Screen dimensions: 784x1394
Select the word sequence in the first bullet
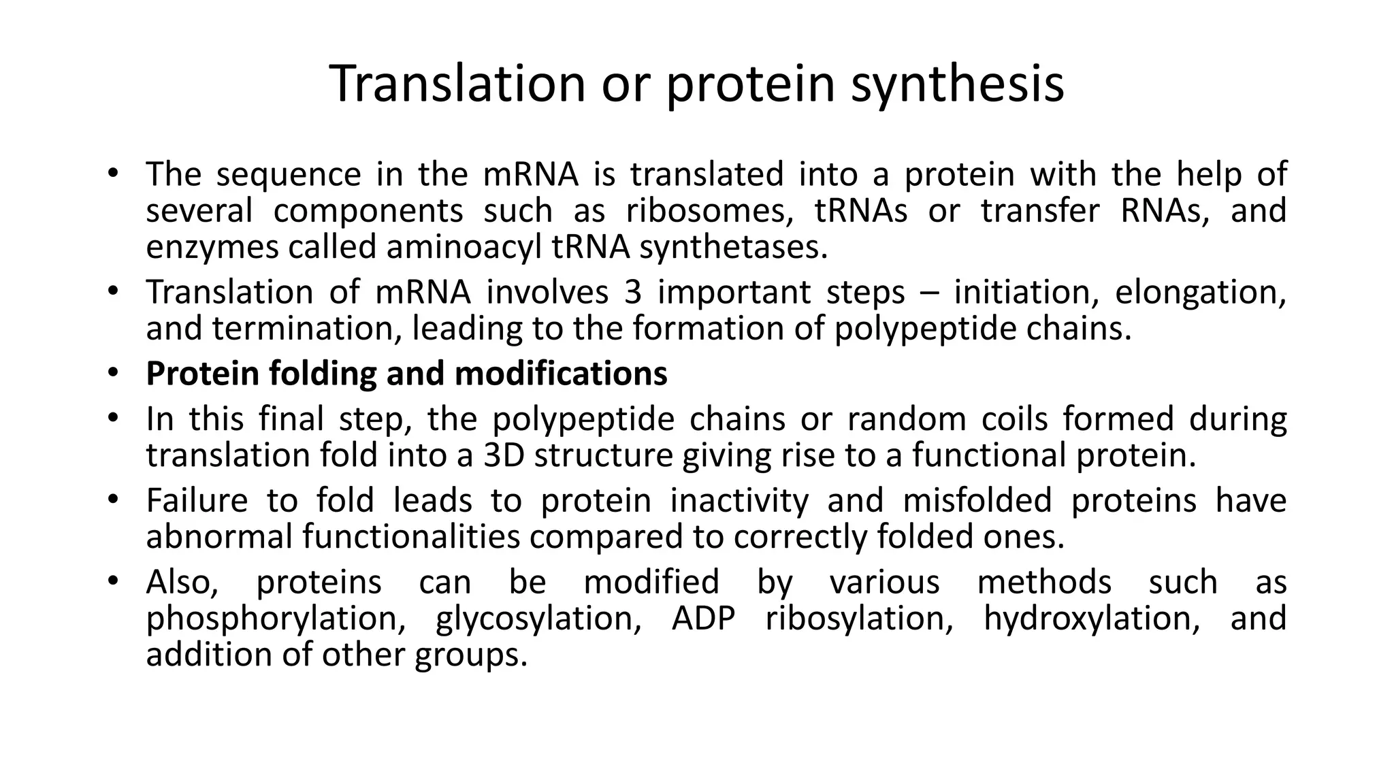(x=288, y=174)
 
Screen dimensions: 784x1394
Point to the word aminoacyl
(x=464, y=246)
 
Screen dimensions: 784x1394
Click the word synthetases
(x=732, y=246)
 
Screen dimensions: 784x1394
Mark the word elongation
(x=1200, y=293)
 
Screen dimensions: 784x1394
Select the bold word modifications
(x=560, y=374)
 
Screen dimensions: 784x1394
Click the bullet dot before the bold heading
(x=112, y=374)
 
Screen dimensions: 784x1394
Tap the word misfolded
(x=977, y=501)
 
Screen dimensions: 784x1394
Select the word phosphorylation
(x=276, y=619)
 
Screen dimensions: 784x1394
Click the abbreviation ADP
(x=703, y=619)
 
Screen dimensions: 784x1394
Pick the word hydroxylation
(x=1091, y=619)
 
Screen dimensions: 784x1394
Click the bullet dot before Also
(x=112, y=582)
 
